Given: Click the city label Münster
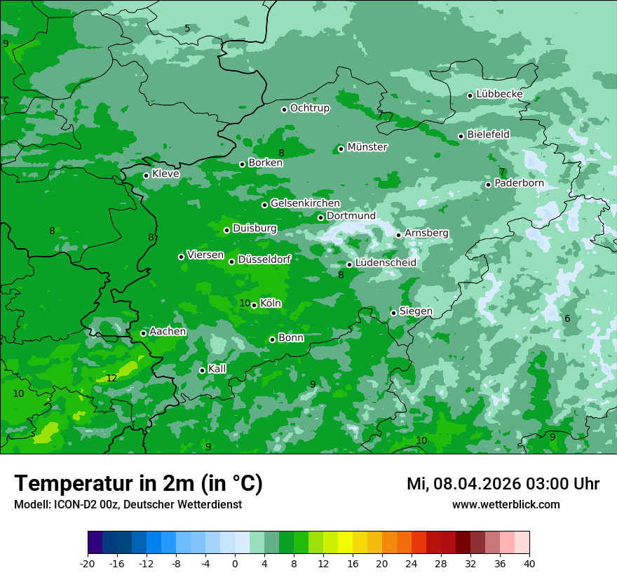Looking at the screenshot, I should [x=367, y=147].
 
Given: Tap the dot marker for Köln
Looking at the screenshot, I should [x=254, y=305].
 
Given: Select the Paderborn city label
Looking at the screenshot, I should [x=519, y=184].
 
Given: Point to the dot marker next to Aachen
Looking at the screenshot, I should [x=143, y=333].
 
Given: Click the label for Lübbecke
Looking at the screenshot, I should [x=499, y=95].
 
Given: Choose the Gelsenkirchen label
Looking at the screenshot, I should [x=305, y=203].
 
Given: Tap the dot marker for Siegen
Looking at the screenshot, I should [x=393, y=313].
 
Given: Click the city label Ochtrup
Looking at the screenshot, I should [x=309, y=108].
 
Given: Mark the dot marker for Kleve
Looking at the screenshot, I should [x=146, y=175].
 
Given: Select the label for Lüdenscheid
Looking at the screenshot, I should [x=386, y=263].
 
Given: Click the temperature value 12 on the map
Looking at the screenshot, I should [x=111, y=378].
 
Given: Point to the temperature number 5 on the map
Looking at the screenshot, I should [x=187, y=29].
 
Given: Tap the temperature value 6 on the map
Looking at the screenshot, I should [x=567, y=319].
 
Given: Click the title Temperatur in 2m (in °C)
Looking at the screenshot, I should [x=139, y=483].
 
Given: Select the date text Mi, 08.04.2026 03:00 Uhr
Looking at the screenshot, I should [x=503, y=484].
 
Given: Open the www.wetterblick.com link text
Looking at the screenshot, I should [x=506, y=505].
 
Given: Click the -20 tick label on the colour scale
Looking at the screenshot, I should [x=88, y=563].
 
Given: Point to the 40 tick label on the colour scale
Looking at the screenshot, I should [x=529, y=563].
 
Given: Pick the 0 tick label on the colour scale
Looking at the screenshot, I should [x=235, y=563].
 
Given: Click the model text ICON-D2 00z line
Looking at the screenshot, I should [x=128, y=505].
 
